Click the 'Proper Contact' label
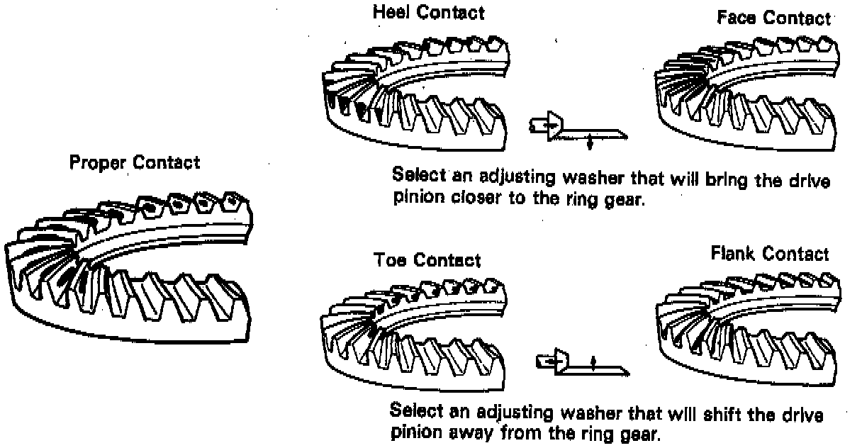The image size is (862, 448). click(135, 162)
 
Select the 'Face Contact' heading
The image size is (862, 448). click(773, 18)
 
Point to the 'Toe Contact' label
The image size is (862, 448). click(427, 260)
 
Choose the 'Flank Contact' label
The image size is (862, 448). click(769, 253)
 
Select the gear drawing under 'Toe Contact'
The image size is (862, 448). click(415, 333)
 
